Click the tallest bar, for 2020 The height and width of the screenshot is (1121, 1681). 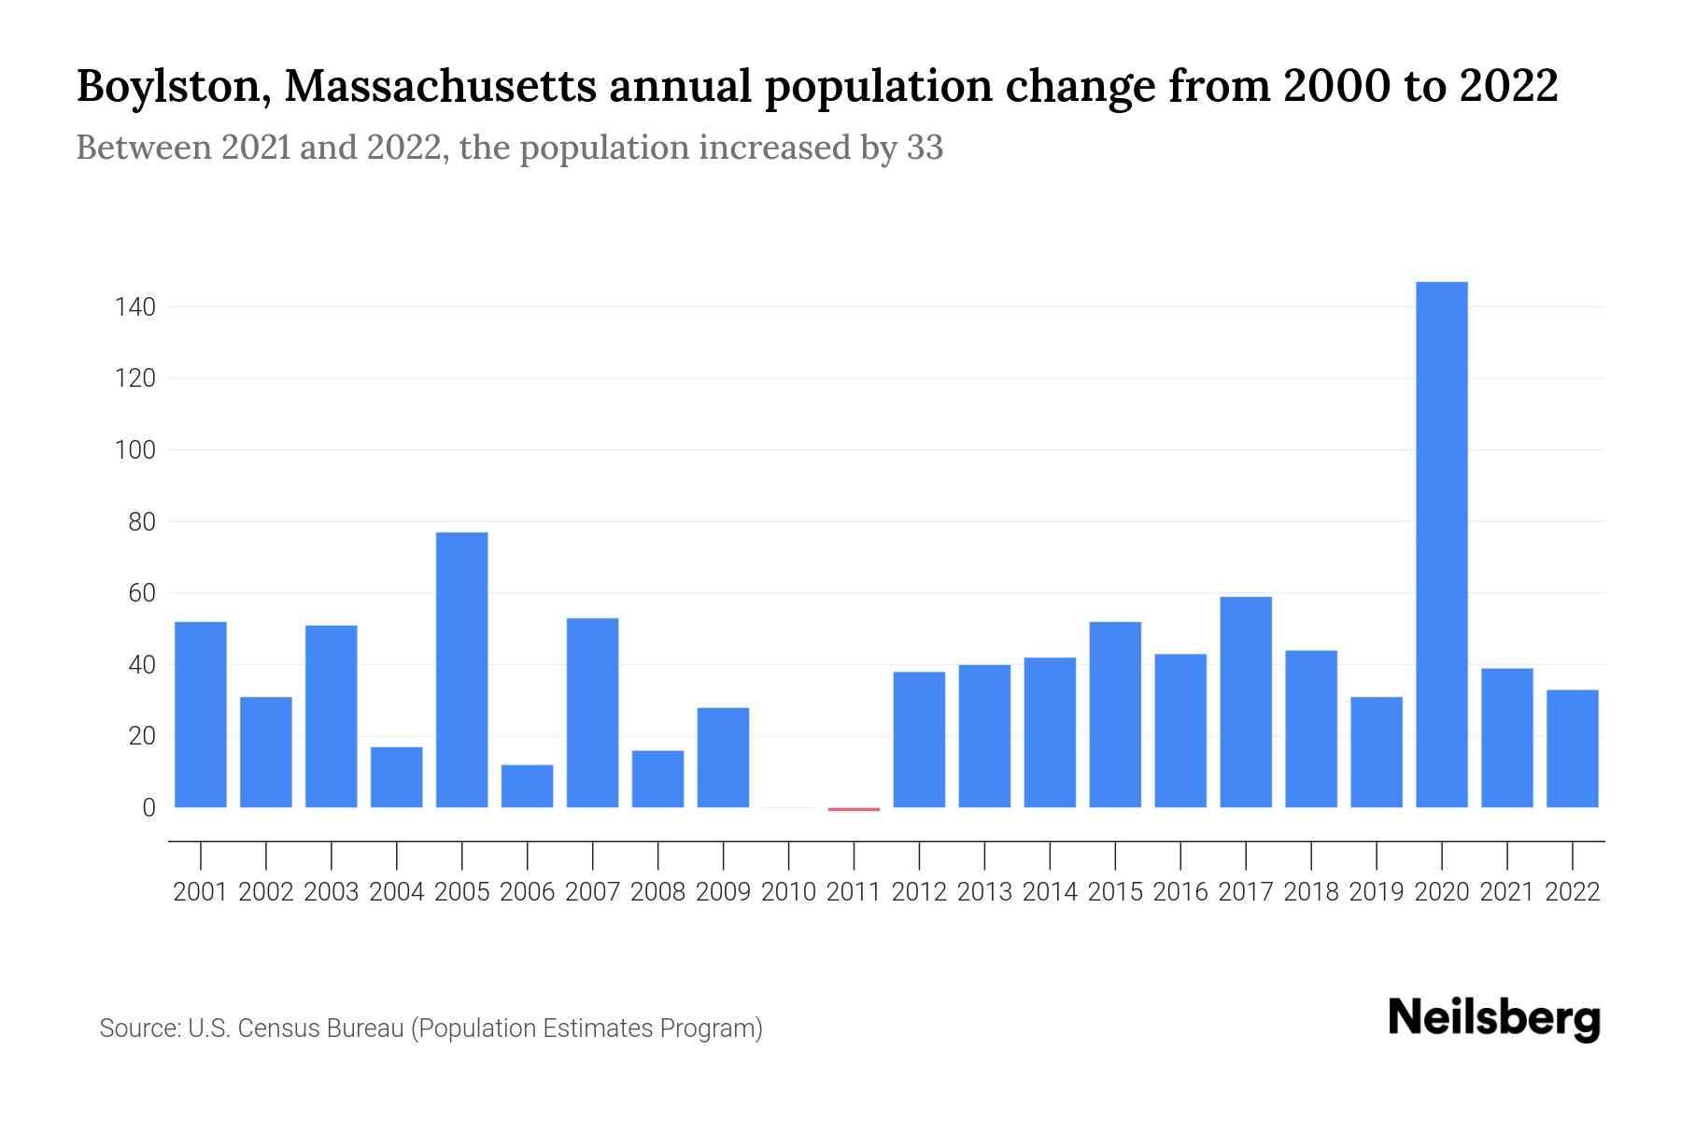click(x=1442, y=545)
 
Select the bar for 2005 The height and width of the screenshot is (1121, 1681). click(x=462, y=670)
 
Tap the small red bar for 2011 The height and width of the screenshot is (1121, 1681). click(x=854, y=809)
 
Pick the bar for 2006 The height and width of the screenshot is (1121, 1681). click(x=528, y=786)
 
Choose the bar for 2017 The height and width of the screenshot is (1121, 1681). click(x=1246, y=702)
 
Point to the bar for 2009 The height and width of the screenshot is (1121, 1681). click(x=723, y=758)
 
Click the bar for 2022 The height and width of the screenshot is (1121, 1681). click(x=1573, y=748)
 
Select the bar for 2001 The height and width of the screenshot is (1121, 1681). click(x=201, y=715)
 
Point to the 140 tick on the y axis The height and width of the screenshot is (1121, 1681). click(x=135, y=306)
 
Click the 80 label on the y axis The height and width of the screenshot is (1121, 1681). click(x=142, y=521)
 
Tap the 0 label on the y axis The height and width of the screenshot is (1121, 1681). click(x=148, y=808)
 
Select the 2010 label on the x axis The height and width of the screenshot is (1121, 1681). click(x=789, y=892)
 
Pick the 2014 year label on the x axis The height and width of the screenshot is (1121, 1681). click(x=1050, y=892)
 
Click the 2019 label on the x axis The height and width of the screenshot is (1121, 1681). click(x=1377, y=892)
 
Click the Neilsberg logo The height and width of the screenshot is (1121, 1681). click(x=1494, y=1018)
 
